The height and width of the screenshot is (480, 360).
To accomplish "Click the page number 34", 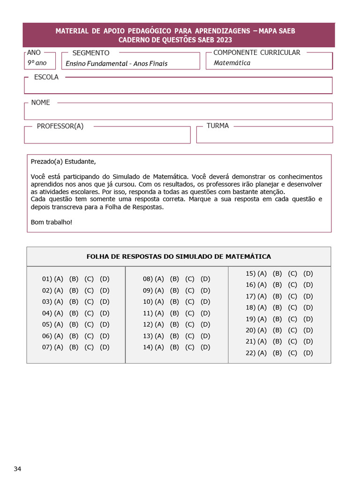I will coord(17,469).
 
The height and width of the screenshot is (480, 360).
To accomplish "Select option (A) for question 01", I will coord(59,279).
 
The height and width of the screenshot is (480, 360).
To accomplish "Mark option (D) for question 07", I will coord(105,347).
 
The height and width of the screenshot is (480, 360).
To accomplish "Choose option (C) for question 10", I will coord(190,302).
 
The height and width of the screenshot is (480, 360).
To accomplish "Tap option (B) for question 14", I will coord(174,347).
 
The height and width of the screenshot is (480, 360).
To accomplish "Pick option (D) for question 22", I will coord(308,353).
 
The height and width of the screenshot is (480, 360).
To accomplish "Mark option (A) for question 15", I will coord(262,273).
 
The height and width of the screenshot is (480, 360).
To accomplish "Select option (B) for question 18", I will coord(277,307).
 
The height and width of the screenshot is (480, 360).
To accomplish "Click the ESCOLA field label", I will coord(46,77).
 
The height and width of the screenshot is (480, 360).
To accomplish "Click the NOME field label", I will coord(40,103).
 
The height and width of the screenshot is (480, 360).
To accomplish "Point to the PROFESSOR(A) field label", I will coord(60,126).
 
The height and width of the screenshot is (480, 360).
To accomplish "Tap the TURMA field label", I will coord(217,126).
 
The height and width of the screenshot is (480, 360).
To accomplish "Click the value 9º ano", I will coord(37,62).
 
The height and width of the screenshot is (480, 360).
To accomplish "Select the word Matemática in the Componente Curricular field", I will coord(232,63).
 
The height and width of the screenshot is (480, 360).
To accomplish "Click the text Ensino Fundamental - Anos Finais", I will coord(116,63).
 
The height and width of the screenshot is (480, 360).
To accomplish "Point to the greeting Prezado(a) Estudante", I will coord(63,162).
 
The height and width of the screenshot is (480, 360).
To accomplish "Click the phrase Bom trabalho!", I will coord(52,222).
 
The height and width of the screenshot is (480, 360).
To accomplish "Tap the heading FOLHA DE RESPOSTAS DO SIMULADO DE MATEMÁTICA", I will coord(179,256).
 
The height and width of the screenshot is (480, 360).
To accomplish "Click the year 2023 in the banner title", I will coord(224,40).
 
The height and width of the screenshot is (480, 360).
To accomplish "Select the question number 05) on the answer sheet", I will coord(46,324).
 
